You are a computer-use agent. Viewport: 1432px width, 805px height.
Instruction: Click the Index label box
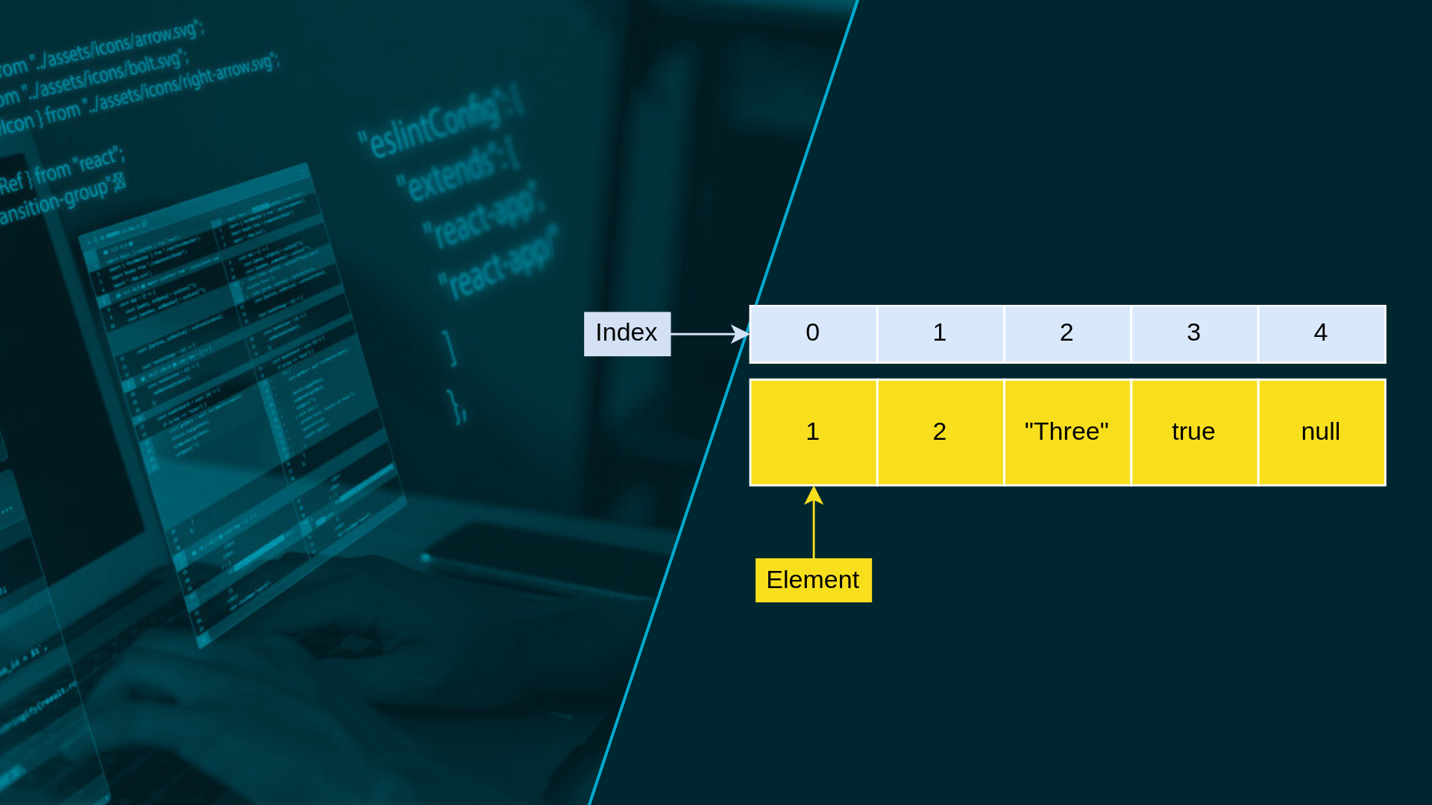click(626, 333)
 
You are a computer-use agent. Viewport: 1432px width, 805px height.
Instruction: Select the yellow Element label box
click(813, 580)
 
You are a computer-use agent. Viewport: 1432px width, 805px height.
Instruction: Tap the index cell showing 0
click(813, 333)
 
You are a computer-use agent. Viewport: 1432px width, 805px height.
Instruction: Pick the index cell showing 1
click(940, 333)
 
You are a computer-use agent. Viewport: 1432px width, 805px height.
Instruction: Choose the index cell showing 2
click(1067, 333)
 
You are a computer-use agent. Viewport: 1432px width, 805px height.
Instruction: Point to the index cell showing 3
click(1193, 333)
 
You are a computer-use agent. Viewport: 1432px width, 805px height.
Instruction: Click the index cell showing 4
click(1321, 333)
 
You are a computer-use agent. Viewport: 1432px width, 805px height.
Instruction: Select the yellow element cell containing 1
click(813, 432)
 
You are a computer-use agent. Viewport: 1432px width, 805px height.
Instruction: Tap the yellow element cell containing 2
click(940, 432)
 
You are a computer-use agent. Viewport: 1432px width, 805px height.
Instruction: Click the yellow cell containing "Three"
click(1067, 432)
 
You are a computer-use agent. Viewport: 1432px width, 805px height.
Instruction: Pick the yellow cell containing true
click(1193, 432)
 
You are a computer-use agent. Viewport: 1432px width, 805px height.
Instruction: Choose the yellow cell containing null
click(1321, 432)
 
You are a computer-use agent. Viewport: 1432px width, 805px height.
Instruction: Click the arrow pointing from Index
click(709, 334)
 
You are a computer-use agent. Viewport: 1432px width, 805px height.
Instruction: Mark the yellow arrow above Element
click(814, 522)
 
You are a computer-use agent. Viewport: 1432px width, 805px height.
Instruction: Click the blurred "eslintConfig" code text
click(433, 127)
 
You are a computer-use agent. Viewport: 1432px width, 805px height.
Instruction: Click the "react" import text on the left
click(97, 161)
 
